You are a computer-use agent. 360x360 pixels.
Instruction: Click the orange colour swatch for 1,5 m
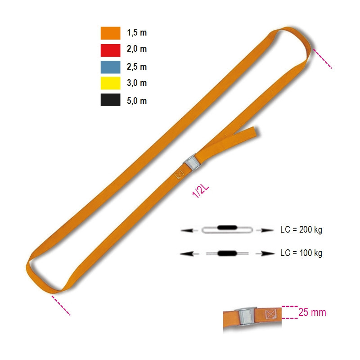point(110,33)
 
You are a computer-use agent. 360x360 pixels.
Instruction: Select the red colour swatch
point(110,50)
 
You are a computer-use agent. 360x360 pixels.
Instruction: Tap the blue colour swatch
point(110,67)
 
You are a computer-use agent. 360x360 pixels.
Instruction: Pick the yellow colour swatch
point(110,83)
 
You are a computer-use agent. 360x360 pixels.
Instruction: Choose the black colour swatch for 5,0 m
point(110,100)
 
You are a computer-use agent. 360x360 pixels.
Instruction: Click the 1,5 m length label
point(137,32)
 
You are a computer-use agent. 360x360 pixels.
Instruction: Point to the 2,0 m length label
point(137,49)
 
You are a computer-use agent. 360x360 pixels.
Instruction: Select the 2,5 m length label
point(137,67)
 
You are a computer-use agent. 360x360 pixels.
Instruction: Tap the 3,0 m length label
point(137,83)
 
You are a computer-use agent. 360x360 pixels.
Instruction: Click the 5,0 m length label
point(137,101)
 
